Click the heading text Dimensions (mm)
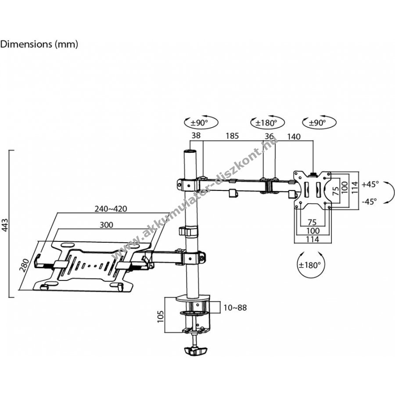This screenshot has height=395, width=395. (39, 44)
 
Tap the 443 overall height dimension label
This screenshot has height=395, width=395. (5, 225)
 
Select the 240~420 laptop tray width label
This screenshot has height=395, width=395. (111, 208)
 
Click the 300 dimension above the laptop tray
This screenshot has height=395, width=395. (106, 225)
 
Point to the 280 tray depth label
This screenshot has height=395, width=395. (25, 265)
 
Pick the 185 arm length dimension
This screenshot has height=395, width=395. (232, 136)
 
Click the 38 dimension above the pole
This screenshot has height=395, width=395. (196, 136)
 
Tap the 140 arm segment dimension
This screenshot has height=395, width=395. (294, 136)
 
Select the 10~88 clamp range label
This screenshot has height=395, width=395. (235, 308)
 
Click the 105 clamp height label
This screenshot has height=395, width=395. (161, 316)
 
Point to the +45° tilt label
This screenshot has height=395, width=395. (370, 184)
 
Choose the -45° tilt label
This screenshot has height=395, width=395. (369, 201)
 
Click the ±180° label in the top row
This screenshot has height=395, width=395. (266, 123)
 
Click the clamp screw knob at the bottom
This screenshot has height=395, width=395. (195, 350)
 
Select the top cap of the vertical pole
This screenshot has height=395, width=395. (190, 152)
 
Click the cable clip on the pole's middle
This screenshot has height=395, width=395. (188, 231)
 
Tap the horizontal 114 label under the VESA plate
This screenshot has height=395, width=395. (312, 239)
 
